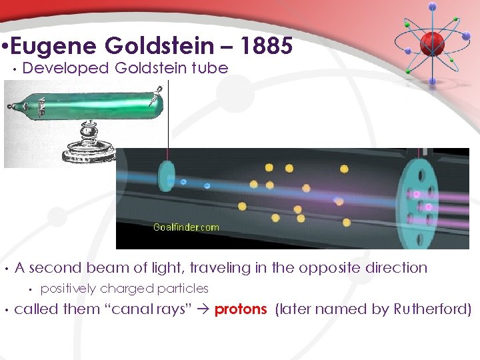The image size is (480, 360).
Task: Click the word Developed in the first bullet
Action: coord(65,68)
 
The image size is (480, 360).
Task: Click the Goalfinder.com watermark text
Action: coord(186,227)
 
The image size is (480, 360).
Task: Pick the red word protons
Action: coord(241,309)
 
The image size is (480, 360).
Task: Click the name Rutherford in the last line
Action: coord(432,309)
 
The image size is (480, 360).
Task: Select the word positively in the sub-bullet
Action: coord(68,289)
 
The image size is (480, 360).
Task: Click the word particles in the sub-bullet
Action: coord(183,289)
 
